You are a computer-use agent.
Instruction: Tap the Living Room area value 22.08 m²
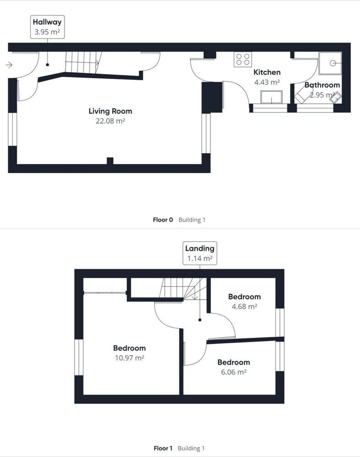pyautogui.click(x=110, y=121)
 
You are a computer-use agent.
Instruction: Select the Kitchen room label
pyautogui.click(x=267, y=72)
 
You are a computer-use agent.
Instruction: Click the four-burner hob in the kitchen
pyautogui.click(x=243, y=59)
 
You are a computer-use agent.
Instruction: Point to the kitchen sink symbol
pyautogui.click(x=271, y=97)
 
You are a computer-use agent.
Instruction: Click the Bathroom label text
pyautogui.click(x=322, y=85)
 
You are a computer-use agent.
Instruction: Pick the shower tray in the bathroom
pyautogui.click(x=330, y=63)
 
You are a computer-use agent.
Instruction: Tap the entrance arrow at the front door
pyautogui.click(x=9, y=65)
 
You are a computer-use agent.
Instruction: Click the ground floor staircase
pyautogui.click(x=83, y=62)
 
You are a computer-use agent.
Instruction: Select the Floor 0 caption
pyautogui.click(x=163, y=220)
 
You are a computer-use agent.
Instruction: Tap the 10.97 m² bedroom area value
pyautogui.click(x=129, y=358)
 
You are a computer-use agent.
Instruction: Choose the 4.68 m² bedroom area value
pyautogui.click(x=244, y=307)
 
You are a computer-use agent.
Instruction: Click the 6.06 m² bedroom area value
pyautogui.click(x=233, y=372)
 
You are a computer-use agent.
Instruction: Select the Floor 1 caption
pyautogui.click(x=163, y=448)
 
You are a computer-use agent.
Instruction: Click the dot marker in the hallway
pyautogui.click(x=47, y=65)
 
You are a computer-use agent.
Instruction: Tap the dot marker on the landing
pyautogui.click(x=200, y=320)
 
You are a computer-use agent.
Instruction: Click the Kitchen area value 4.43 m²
pyautogui.click(x=267, y=83)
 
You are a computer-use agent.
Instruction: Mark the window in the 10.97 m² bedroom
pyautogui.click(x=79, y=357)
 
